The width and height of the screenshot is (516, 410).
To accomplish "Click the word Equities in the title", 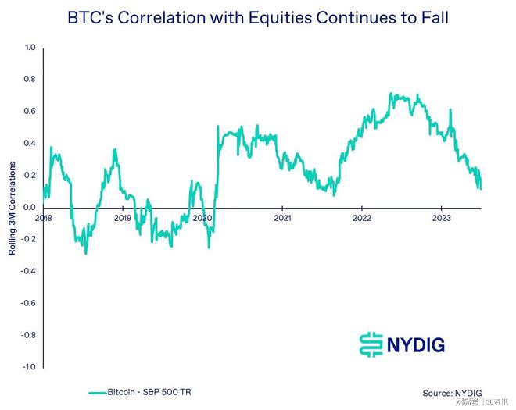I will pyautogui.click(x=291, y=17).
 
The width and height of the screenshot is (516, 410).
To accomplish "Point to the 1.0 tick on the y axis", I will pyautogui.click(x=30, y=48).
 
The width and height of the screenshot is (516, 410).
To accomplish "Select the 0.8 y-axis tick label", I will pyautogui.click(x=30, y=79).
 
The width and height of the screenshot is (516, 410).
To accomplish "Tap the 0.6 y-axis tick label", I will pyautogui.click(x=30, y=111).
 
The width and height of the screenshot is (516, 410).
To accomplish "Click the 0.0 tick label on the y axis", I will pyautogui.click(x=30, y=207).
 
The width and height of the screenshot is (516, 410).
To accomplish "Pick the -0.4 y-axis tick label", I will pyautogui.click(x=29, y=271).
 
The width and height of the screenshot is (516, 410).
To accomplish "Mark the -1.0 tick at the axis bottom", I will pyautogui.click(x=29, y=366).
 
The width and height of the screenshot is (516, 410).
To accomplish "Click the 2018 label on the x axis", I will pyautogui.click(x=44, y=218).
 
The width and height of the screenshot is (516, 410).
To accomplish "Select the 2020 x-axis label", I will pyautogui.click(x=202, y=218).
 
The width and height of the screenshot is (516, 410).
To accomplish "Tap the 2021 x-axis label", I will pyautogui.click(x=282, y=218).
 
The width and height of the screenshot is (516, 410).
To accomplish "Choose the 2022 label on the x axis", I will pyautogui.click(x=361, y=218).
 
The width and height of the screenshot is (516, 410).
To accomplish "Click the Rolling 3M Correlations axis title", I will pyautogui.click(x=11, y=207).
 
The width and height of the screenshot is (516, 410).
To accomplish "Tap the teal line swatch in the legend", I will pyautogui.click(x=97, y=393).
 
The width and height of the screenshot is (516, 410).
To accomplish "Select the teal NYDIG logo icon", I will pyautogui.click(x=371, y=344).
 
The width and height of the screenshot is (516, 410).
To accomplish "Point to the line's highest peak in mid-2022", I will pyautogui.click(x=390, y=94).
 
